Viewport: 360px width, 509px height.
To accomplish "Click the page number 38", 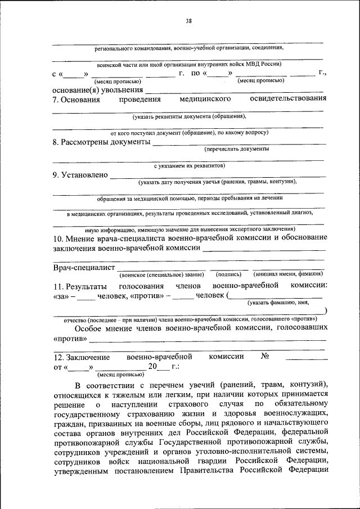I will (189, 21).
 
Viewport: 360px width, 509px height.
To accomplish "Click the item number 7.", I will (56, 100).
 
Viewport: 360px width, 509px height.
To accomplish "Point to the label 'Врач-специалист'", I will (84, 267).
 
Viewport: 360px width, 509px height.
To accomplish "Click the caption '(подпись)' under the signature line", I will (228, 274).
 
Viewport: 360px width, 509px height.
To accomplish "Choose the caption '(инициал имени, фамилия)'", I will (288, 274).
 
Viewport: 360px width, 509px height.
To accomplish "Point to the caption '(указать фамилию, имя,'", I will (279, 303).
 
